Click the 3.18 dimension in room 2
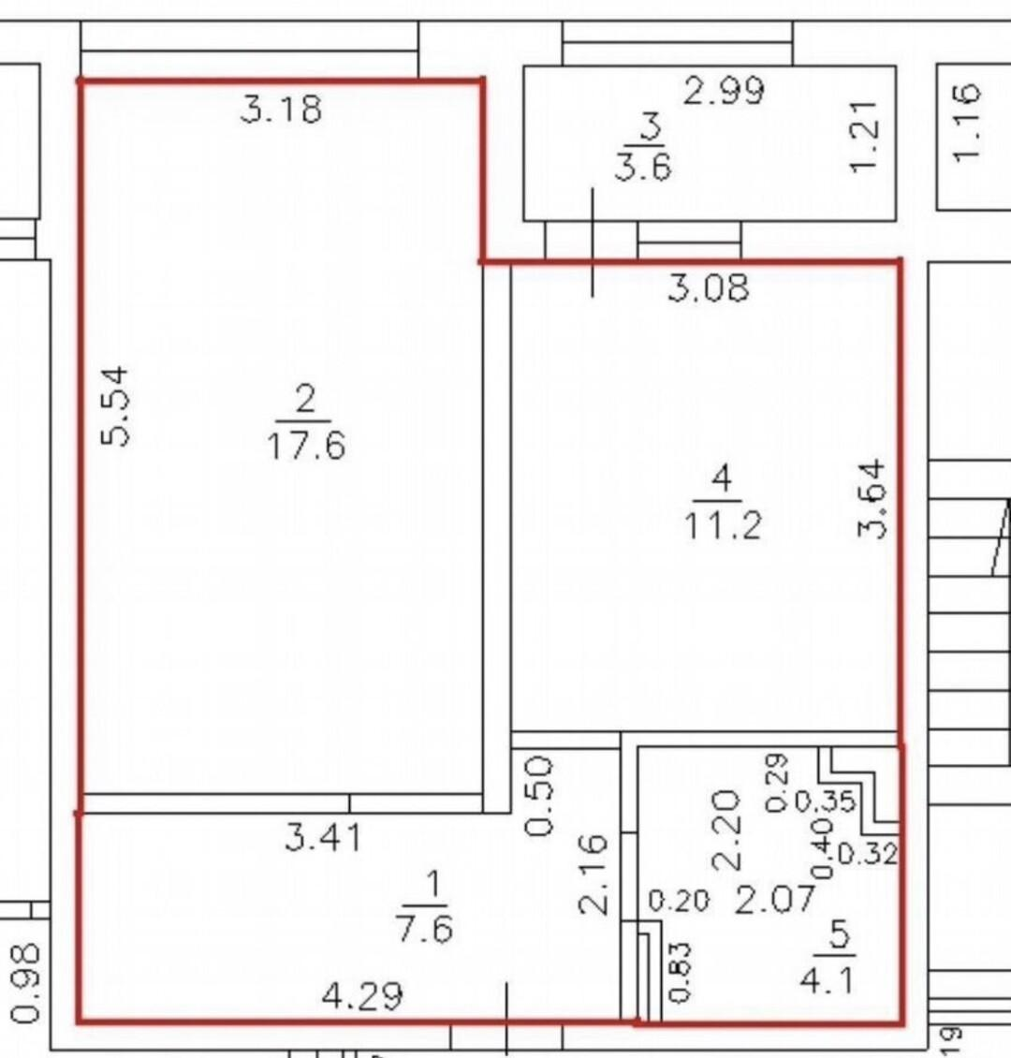(x=281, y=110)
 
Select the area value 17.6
(x=306, y=446)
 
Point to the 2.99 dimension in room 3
(x=724, y=91)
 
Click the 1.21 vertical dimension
(x=864, y=137)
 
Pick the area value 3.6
(x=643, y=166)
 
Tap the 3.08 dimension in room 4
(x=709, y=287)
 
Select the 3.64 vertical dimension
(x=871, y=498)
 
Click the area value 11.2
(x=723, y=525)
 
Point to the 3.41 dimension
(x=323, y=838)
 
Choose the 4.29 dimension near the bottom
(x=362, y=995)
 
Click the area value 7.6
(x=425, y=929)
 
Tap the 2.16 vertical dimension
(x=593, y=874)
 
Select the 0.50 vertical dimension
(x=539, y=796)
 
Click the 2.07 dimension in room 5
(x=775, y=900)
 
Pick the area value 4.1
(x=828, y=979)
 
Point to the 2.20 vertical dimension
(x=726, y=830)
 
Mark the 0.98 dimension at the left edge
(x=28, y=983)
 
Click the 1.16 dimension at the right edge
(x=965, y=122)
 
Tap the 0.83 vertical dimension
(x=680, y=972)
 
